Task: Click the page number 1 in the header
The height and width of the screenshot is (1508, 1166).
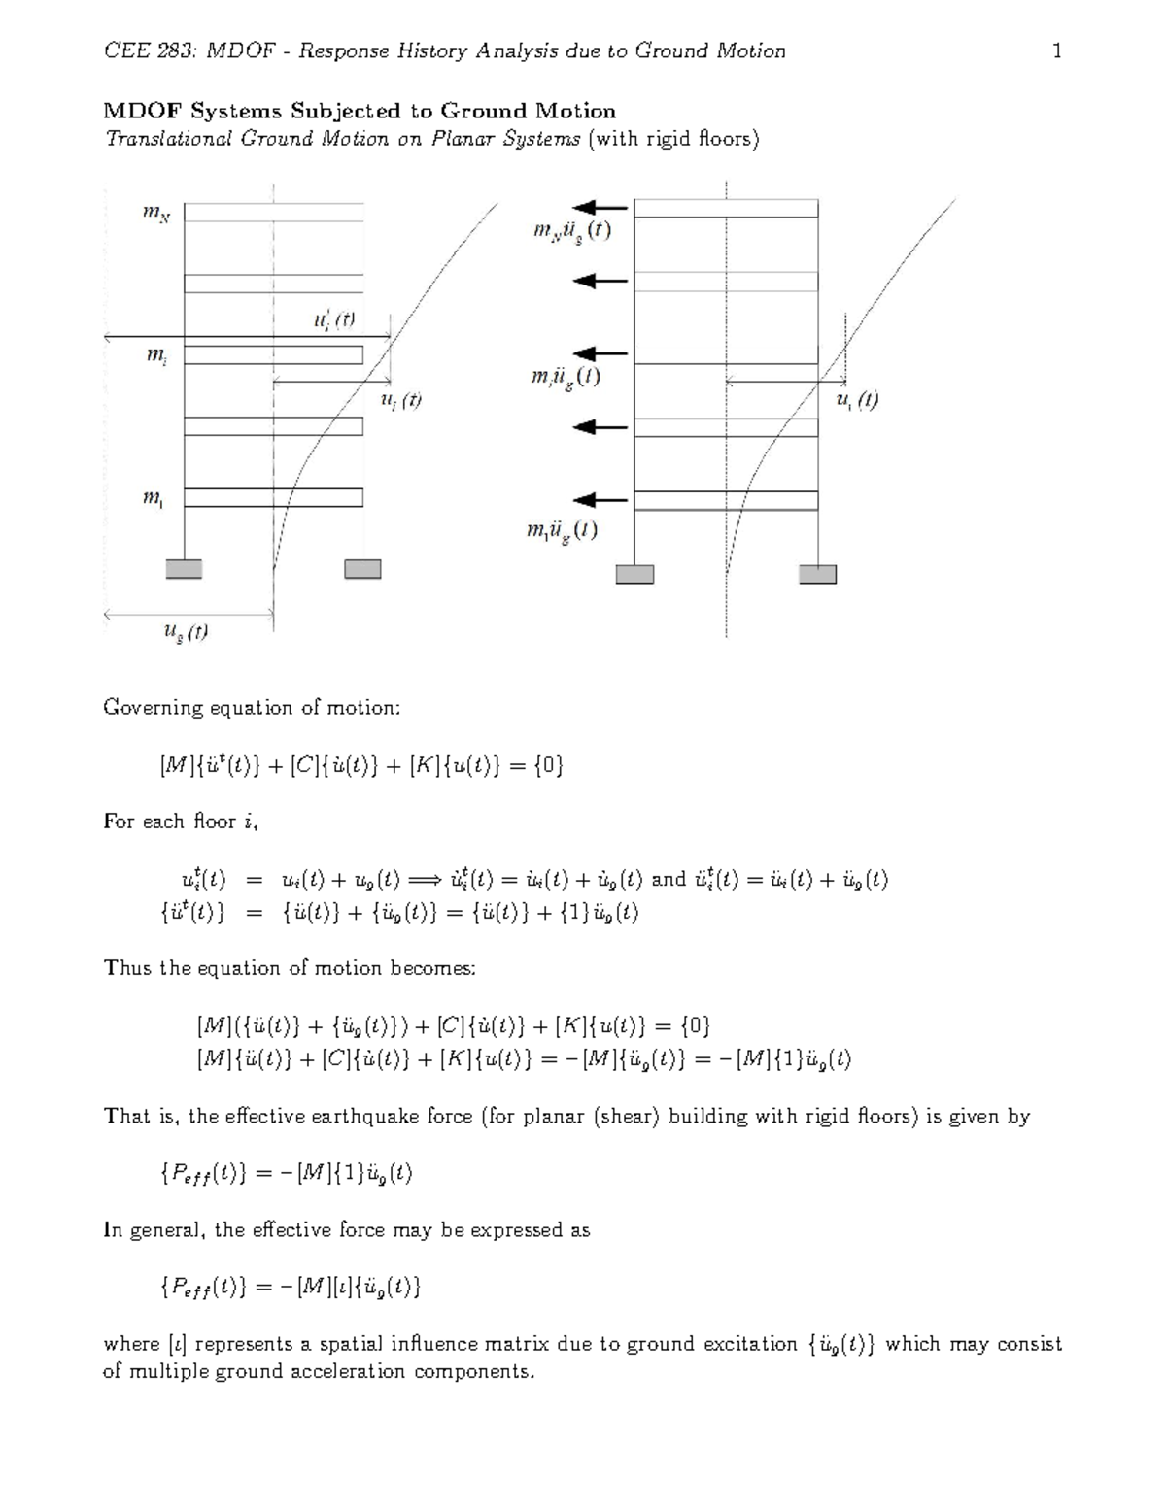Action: point(1057,50)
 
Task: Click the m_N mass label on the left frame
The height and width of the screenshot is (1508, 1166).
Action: point(155,216)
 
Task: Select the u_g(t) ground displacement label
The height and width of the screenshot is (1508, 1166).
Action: point(185,632)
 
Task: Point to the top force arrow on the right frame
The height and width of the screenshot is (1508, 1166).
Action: point(600,207)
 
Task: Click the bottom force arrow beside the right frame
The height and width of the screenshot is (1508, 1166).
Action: point(600,500)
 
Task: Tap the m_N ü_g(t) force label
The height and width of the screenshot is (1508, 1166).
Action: point(571,232)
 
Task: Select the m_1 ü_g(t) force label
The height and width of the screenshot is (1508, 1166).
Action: point(562,531)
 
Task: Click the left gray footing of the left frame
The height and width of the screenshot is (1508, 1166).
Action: point(184,568)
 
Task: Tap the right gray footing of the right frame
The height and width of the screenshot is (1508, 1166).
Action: point(817,574)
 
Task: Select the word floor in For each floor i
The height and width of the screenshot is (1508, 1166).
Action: point(213,821)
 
